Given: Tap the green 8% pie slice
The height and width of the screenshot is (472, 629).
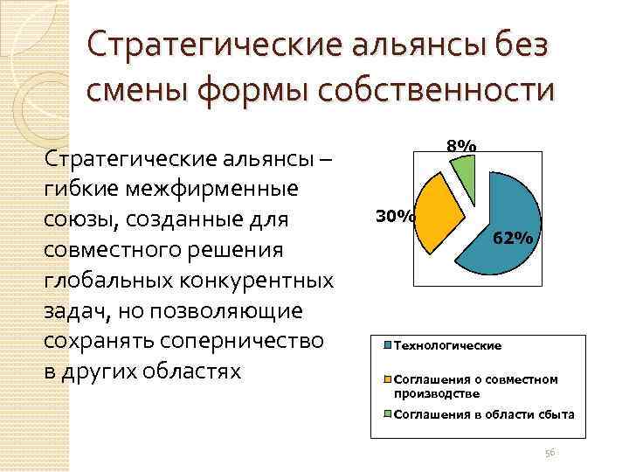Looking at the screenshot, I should pyautogui.click(x=465, y=175).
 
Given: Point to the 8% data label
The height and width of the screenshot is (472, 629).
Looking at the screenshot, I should pyautogui.click(x=461, y=145).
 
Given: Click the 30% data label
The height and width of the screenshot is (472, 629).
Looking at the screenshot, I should pyautogui.click(x=394, y=215).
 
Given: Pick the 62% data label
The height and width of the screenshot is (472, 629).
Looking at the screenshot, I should pyautogui.click(x=513, y=238).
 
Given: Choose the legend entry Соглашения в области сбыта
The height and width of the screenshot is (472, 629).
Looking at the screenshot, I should pyautogui.click(x=484, y=413).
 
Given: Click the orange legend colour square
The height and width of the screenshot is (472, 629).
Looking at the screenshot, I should pyautogui.click(x=388, y=379).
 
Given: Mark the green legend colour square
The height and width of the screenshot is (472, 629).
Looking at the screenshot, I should pyautogui.click(x=388, y=413).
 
